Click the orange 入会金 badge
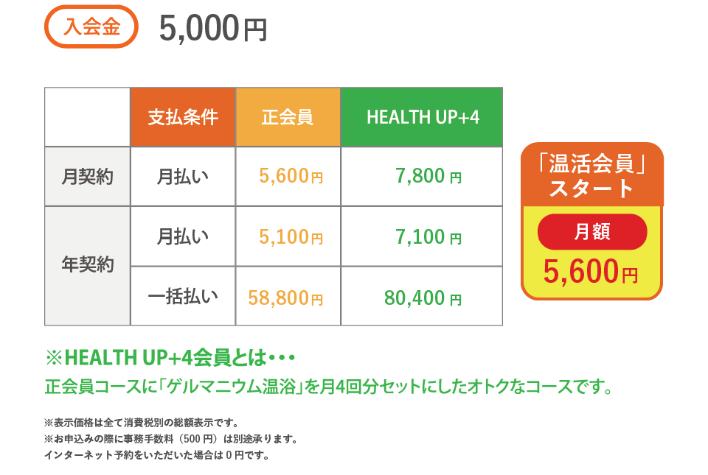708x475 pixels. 91,27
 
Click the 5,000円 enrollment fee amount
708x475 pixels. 213,29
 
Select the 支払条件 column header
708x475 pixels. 183,117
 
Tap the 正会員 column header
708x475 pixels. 288,117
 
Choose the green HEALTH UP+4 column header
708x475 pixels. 422,117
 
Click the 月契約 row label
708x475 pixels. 87,176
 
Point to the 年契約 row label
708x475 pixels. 87,264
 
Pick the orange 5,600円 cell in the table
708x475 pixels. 291,176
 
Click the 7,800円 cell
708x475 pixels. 428,176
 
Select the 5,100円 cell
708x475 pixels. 291,236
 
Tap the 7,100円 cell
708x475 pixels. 428,236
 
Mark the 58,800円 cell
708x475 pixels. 285,298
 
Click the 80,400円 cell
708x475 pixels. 423,298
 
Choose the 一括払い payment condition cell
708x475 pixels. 183,297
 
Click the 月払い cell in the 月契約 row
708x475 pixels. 183,176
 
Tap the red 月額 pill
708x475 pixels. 592,232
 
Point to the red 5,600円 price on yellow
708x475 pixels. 591,271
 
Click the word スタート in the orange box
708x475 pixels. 591,188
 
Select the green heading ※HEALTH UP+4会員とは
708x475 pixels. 170,358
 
